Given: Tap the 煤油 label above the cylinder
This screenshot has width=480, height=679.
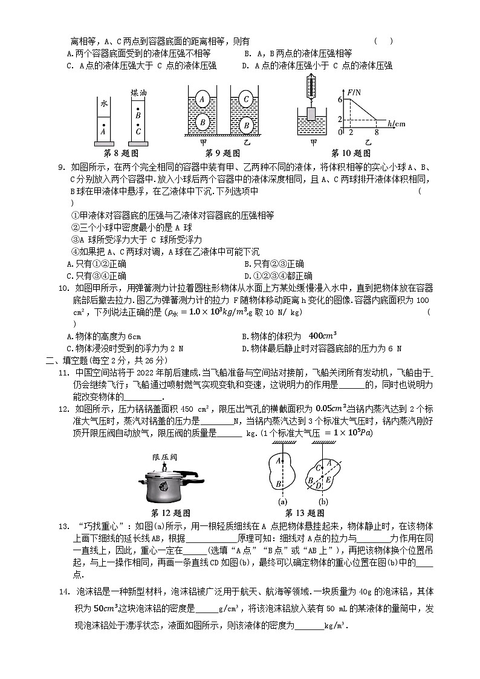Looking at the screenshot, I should (139, 94).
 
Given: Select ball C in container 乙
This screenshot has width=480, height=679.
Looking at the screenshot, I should (245, 99).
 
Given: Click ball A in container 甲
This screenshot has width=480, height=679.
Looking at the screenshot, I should (204, 99).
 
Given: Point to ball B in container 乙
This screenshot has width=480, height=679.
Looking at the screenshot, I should (246, 125).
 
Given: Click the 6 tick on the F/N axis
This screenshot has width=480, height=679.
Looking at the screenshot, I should (340, 99).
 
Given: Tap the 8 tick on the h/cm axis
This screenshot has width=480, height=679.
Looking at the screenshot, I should (377, 131).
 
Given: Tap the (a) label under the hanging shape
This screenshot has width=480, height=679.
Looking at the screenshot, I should (282, 501).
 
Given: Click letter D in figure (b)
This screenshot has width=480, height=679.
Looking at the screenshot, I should (311, 482).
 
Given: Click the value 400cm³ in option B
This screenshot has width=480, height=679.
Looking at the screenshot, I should (322, 336).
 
